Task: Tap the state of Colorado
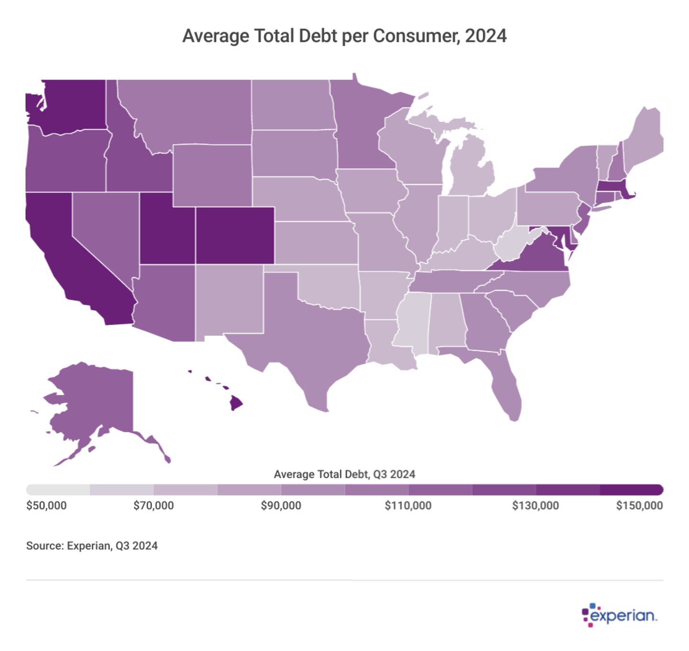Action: [x=234, y=235]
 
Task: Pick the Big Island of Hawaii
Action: [x=236, y=403]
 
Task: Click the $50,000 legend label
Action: [x=46, y=505]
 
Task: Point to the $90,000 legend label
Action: [x=281, y=505]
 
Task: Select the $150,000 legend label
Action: [x=639, y=505]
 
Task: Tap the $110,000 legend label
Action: [x=408, y=505]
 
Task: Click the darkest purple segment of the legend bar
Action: [x=631, y=490]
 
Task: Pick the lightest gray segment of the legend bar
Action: [x=58, y=490]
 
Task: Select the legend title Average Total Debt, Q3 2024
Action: [x=344, y=474]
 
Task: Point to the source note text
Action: [x=92, y=546]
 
